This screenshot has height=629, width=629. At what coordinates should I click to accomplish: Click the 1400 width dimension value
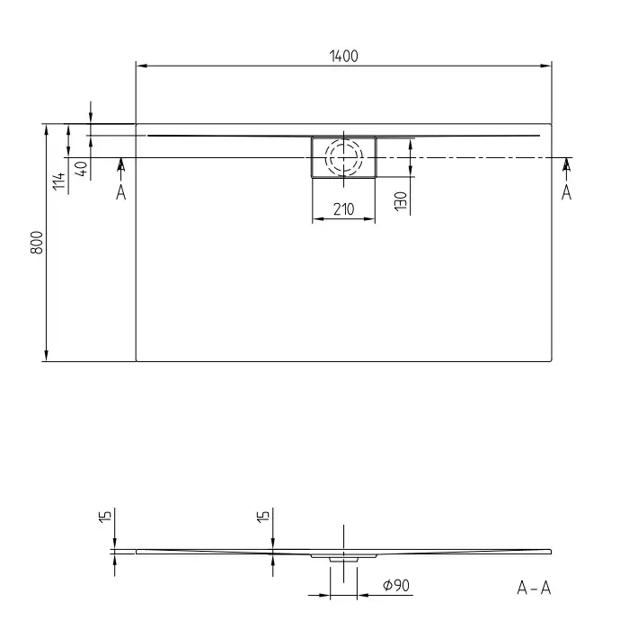pyautogui.click(x=344, y=56)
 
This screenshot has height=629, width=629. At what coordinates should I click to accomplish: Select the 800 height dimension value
pyautogui.click(x=37, y=243)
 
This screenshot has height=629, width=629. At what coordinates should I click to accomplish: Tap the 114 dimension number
pyautogui.click(x=59, y=181)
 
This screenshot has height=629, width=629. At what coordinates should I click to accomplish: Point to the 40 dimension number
pyautogui.click(x=82, y=169)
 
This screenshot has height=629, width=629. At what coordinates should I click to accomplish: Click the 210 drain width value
pyautogui.click(x=344, y=209)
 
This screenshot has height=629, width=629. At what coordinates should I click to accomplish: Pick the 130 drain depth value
pyautogui.click(x=401, y=201)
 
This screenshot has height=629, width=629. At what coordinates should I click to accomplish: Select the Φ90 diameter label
pyautogui.click(x=396, y=585)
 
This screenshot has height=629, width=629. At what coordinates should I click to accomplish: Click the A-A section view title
pyautogui.click(x=534, y=588)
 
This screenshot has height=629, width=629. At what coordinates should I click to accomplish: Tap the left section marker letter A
pyautogui.click(x=120, y=192)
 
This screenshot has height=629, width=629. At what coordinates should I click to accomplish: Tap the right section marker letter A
pyautogui.click(x=566, y=192)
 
